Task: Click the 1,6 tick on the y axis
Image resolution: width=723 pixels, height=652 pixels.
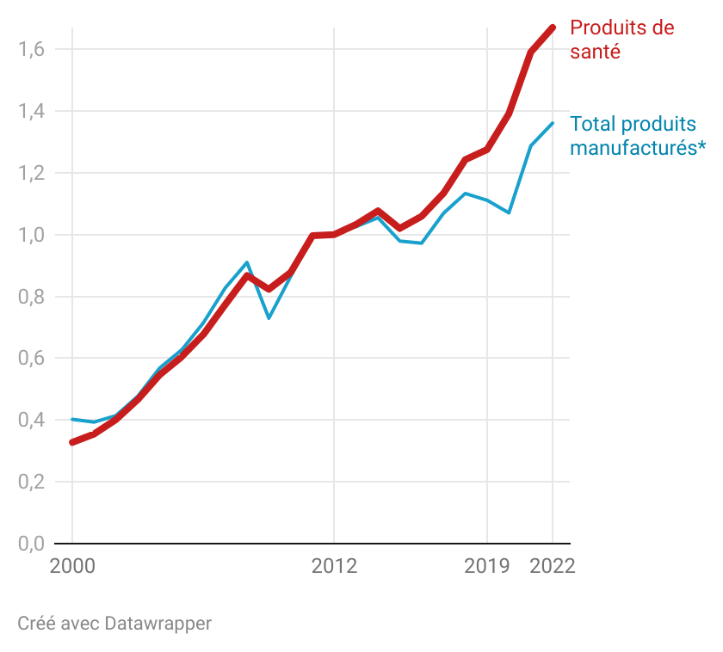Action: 31,49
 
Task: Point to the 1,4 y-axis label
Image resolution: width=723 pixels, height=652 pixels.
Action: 31,111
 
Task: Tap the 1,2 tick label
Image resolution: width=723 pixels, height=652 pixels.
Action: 31,173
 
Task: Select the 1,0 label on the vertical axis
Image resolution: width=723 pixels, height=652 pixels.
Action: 31,235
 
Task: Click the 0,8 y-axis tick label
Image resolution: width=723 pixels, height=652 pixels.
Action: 31,297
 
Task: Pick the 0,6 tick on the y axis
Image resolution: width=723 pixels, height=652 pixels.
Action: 31,358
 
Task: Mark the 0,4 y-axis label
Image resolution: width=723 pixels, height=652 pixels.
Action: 31,420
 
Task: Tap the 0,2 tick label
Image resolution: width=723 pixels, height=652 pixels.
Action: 31,482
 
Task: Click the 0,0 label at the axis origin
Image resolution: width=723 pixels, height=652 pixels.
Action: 31,544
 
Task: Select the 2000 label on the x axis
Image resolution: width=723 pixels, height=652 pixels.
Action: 72,566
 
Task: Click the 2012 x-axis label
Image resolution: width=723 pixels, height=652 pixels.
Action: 334,566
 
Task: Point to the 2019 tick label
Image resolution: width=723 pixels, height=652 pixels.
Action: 487,566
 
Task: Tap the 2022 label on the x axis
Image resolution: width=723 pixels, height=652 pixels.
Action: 552,566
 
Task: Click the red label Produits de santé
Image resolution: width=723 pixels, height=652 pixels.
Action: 621,40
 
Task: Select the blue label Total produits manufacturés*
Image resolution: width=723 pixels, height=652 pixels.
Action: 637,136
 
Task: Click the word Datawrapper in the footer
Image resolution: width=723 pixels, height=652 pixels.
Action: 158,623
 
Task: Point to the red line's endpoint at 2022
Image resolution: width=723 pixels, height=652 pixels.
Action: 553,28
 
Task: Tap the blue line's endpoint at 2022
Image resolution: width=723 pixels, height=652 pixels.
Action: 553,123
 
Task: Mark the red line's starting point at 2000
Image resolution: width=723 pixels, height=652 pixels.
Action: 72,442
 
